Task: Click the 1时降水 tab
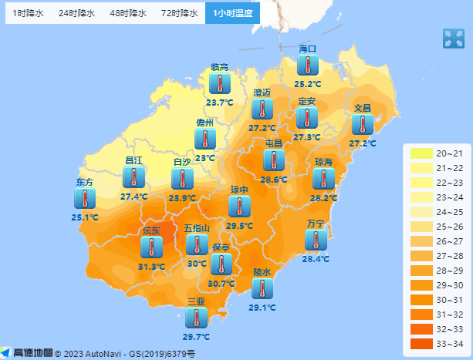tap(28, 13)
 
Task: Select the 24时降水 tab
tap(77, 13)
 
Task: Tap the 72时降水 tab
tap(180, 13)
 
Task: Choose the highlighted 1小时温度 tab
tap(232, 13)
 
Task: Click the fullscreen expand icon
tap(452, 39)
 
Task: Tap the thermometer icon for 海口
tap(308, 66)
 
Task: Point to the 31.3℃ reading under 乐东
tap(152, 267)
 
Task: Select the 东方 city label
tap(85, 183)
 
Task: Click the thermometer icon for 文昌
tap(362, 124)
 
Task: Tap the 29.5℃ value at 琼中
tap(240, 226)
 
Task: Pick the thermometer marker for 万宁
tap(316, 240)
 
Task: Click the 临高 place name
tap(220, 67)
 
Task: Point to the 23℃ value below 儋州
tap(204, 158)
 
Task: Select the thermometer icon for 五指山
tap(197, 244)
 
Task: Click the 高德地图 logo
tap(28, 353)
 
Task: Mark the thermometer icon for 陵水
tap(262, 288)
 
